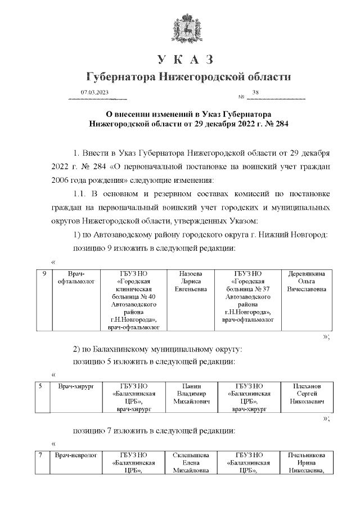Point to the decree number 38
point(256,92)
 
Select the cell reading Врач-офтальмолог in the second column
point(75,277)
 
